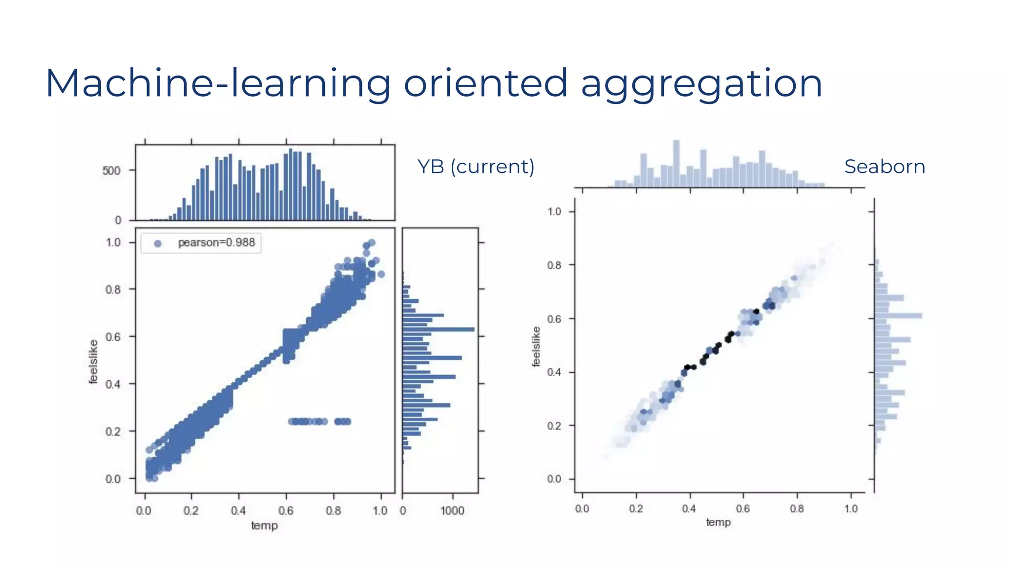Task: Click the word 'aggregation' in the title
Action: coord(701,84)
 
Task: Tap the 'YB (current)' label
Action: coord(475,167)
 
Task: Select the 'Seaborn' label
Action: coord(884,167)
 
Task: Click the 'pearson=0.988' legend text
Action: coord(216,243)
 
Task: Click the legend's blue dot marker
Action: coord(157,243)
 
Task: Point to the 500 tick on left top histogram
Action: coord(111,171)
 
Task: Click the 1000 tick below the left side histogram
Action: coord(452,511)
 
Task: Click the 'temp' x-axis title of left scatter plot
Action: coord(264,526)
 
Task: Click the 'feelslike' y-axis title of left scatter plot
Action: coord(93,361)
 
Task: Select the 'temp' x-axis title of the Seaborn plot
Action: coord(718,522)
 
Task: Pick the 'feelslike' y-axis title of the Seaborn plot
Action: coord(536,347)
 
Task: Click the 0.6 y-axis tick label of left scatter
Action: coord(113,337)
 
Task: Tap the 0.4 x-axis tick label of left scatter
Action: coord(238,511)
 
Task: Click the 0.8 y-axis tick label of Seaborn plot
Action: coord(554,265)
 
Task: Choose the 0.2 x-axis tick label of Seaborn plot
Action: coord(636,509)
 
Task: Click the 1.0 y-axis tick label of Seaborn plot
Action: coord(554,212)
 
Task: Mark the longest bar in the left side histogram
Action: coord(438,329)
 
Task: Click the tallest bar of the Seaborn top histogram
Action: coord(676,164)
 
